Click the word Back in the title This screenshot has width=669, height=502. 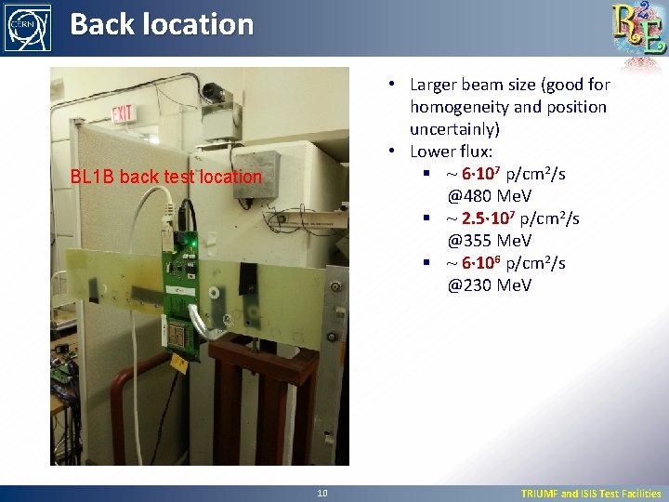coord(101,24)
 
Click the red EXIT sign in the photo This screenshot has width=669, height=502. coord(123,113)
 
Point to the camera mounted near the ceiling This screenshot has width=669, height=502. coord(213,93)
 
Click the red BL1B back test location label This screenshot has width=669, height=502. coord(166,177)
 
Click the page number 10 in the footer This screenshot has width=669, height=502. coord(321,494)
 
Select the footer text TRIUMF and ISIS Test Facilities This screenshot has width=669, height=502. coord(590,494)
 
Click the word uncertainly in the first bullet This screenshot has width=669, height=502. coord(454,129)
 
